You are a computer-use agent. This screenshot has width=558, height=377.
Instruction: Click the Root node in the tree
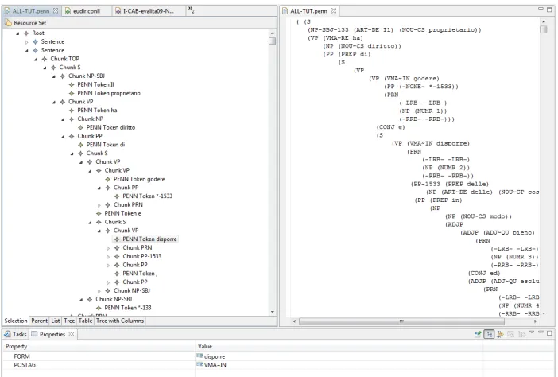pos(38,33)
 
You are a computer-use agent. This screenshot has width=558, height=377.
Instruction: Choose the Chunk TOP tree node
pos(64,59)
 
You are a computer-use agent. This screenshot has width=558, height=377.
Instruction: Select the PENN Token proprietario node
pos(109,93)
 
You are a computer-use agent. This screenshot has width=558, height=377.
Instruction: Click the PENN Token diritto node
pos(110,127)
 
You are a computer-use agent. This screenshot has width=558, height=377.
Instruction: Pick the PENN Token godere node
pos(139,179)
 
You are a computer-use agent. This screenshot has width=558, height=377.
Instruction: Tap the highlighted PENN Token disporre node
pos(149,239)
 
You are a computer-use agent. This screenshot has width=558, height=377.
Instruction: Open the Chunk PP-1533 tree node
pos(142,256)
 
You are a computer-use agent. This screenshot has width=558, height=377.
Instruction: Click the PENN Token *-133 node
pos(128,308)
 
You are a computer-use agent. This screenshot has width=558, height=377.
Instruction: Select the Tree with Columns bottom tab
pos(120,321)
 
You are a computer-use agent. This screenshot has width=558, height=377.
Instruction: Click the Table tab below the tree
pos(85,321)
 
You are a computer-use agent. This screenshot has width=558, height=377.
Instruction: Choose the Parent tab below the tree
pos(39,321)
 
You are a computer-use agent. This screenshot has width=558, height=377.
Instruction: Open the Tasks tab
pos(16,334)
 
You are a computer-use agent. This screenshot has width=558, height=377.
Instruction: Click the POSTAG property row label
pos(25,365)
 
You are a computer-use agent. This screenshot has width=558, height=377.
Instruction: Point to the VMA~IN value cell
pos(215,365)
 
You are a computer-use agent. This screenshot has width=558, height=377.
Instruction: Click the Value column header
pos(205,347)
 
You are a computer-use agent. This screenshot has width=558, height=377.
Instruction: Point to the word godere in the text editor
pos(426,78)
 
